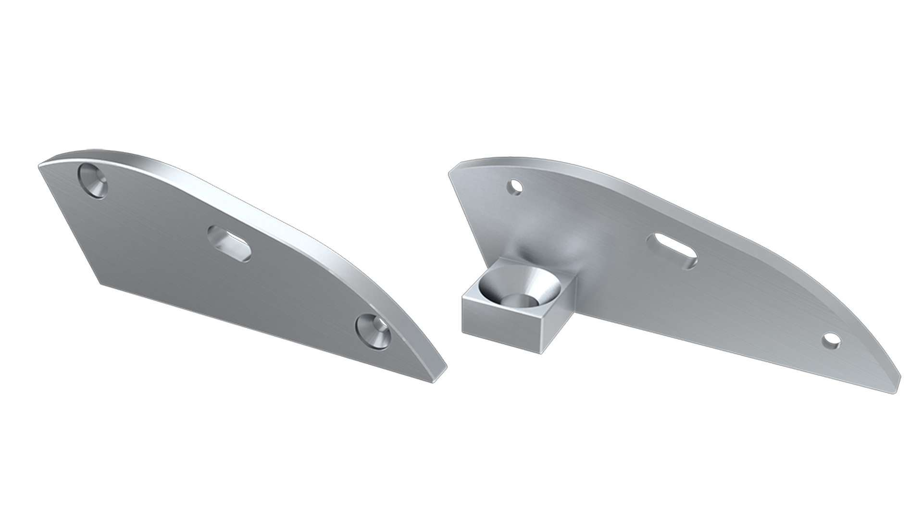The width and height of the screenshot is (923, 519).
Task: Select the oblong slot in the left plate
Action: (229, 244)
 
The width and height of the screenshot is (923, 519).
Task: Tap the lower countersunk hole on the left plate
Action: (373, 331)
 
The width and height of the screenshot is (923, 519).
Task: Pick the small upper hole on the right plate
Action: (516, 186)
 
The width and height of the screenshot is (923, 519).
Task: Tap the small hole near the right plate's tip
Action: (830, 340)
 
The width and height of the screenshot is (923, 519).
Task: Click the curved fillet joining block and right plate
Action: (553, 250)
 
